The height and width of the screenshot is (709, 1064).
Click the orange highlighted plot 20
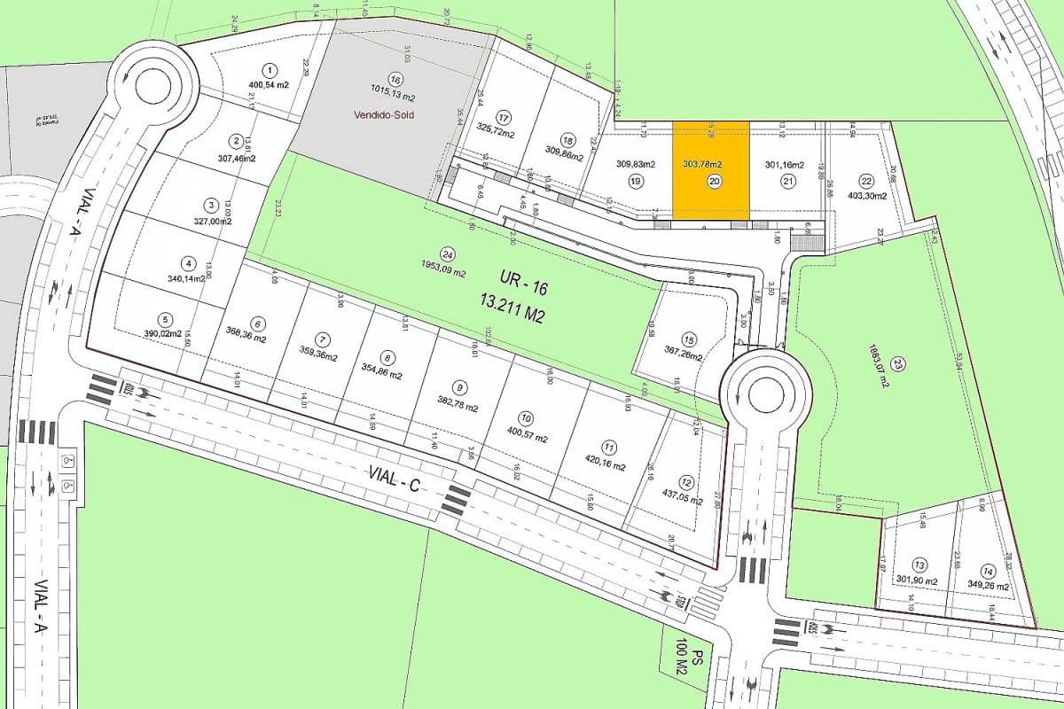(710, 170)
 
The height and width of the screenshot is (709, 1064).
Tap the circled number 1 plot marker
(270, 69)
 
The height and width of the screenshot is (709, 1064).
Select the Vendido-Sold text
(384, 115)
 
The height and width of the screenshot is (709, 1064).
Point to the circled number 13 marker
(919, 565)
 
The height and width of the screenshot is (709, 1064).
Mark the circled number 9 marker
(459, 387)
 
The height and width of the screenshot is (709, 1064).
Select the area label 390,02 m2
(163, 334)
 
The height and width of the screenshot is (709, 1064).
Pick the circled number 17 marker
(505, 118)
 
